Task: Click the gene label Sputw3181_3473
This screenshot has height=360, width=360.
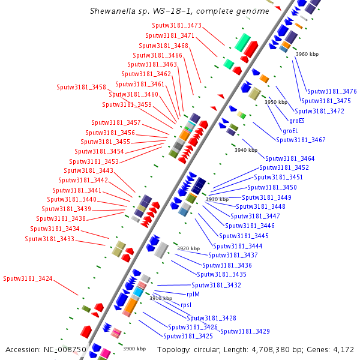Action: [x=177, y=26]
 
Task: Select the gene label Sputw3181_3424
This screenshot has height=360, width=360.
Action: [x=28, y=278]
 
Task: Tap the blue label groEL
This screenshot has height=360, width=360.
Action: [x=290, y=130]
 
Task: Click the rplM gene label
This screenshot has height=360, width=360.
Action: [x=193, y=295]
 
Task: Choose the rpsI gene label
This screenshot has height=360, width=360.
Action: [x=186, y=305]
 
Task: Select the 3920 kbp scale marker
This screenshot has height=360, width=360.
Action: [x=188, y=248]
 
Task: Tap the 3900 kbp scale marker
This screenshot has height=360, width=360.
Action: [x=134, y=349]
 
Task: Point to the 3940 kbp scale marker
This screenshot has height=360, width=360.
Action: [x=246, y=151]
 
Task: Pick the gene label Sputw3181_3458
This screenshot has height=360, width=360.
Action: [x=81, y=87]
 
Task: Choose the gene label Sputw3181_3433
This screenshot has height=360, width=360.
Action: [x=49, y=239]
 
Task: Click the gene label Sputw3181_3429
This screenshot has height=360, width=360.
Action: [x=245, y=331]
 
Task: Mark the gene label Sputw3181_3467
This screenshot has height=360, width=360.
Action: [x=301, y=140]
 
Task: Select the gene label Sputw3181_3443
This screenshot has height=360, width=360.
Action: [x=89, y=170]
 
